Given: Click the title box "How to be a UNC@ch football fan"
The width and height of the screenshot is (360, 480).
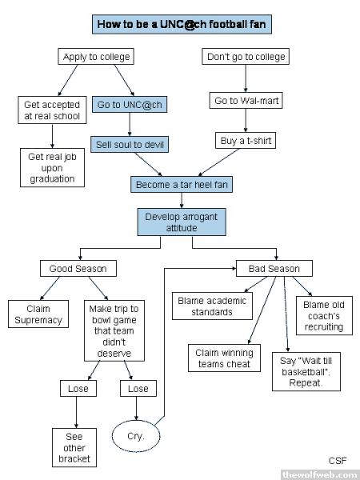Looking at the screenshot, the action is click(x=182, y=24).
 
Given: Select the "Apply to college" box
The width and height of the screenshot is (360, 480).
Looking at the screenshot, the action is click(x=96, y=57).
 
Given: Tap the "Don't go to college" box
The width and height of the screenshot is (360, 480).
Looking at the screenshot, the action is click(x=246, y=57).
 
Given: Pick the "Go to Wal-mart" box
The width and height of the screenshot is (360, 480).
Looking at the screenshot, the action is click(x=246, y=101).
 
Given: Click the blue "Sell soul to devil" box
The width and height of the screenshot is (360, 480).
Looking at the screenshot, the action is click(x=130, y=145).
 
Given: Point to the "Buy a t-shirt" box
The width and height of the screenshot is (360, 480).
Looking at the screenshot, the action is click(x=246, y=141).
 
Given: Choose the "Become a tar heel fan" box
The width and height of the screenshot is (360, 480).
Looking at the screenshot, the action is click(x=182, y=185).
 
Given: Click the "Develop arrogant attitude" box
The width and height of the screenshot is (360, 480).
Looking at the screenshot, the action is click(x=182, y=222).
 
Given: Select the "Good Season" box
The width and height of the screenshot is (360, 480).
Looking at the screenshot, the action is click(x=78, y=269).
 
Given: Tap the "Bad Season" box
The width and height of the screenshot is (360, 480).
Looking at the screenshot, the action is click(x=274, y=269).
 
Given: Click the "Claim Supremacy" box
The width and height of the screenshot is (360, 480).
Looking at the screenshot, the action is click(x=38, y=314).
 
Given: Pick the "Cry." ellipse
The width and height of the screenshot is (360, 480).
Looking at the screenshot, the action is click(x=136, y=436).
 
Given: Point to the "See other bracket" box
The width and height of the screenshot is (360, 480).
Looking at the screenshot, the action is click(x=74, y=447).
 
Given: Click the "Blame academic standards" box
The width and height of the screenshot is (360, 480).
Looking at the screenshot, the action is click(x=212, y=306).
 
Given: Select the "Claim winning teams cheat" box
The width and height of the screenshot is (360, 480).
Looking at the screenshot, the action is click(x=224, y=358).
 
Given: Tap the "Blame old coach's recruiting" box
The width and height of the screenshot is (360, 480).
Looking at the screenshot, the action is click(x=324, y=316).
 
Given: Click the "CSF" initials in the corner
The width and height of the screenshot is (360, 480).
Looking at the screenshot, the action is click(x=338, y=461).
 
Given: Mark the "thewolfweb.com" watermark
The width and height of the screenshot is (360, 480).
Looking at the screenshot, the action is click(x=320, y=474).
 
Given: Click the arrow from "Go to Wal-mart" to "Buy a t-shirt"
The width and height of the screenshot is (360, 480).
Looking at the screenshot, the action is click(x=246, y=120).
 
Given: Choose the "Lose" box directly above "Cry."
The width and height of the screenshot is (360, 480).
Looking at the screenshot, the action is click(x=138, y=389).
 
